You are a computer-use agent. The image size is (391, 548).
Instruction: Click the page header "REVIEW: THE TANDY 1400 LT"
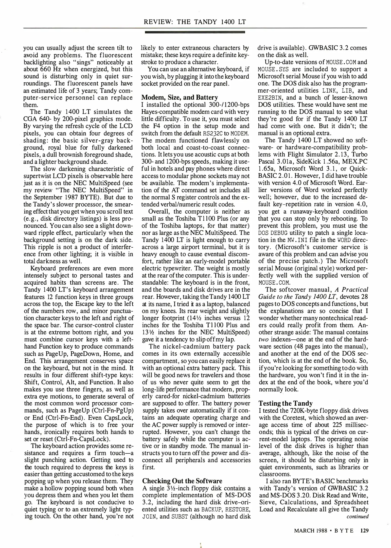click(x=195, y=22)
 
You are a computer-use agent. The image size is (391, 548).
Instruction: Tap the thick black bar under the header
click(x=195, y=32)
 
